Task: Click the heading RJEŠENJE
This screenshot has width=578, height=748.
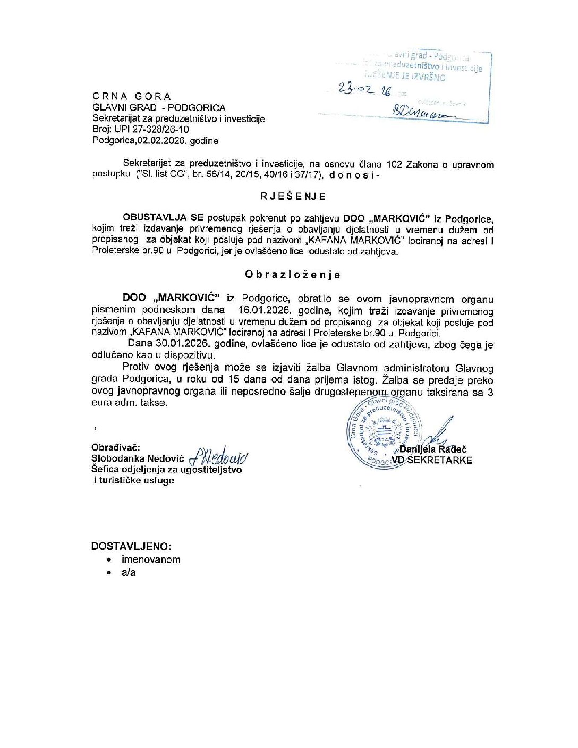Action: pyautogui.click(x=293, y=197)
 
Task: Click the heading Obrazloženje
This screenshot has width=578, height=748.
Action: pyautogui.click(x=292, y=275)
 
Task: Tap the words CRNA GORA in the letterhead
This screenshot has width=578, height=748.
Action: pyautogui.click(x=132, y=97)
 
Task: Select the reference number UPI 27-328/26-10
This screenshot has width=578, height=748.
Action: pyautogui.click(x=151, y=130)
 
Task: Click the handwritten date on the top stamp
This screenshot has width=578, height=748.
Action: pyautogui.click(x=365, y=90)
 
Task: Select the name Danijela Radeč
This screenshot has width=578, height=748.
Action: pyautogui.click(x=433, y=449)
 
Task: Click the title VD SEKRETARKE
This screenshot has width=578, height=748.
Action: pyautogui.click(x=431, y=461)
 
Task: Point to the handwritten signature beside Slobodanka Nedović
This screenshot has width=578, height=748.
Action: pyautogui.click(x=219, y=455)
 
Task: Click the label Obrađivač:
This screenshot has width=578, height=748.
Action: pyautogui.click(x=116, y=447)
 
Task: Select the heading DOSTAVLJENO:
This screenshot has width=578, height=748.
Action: pyautogui.click(x=131, y=546)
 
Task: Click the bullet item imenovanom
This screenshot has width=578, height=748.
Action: pyautogui.click(x=151, y=559)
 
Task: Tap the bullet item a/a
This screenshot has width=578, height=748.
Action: pyautogui.click(x=129, y=572)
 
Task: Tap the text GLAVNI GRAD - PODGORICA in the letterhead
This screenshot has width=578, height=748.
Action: pyautogui.click(x=159, y=108)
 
